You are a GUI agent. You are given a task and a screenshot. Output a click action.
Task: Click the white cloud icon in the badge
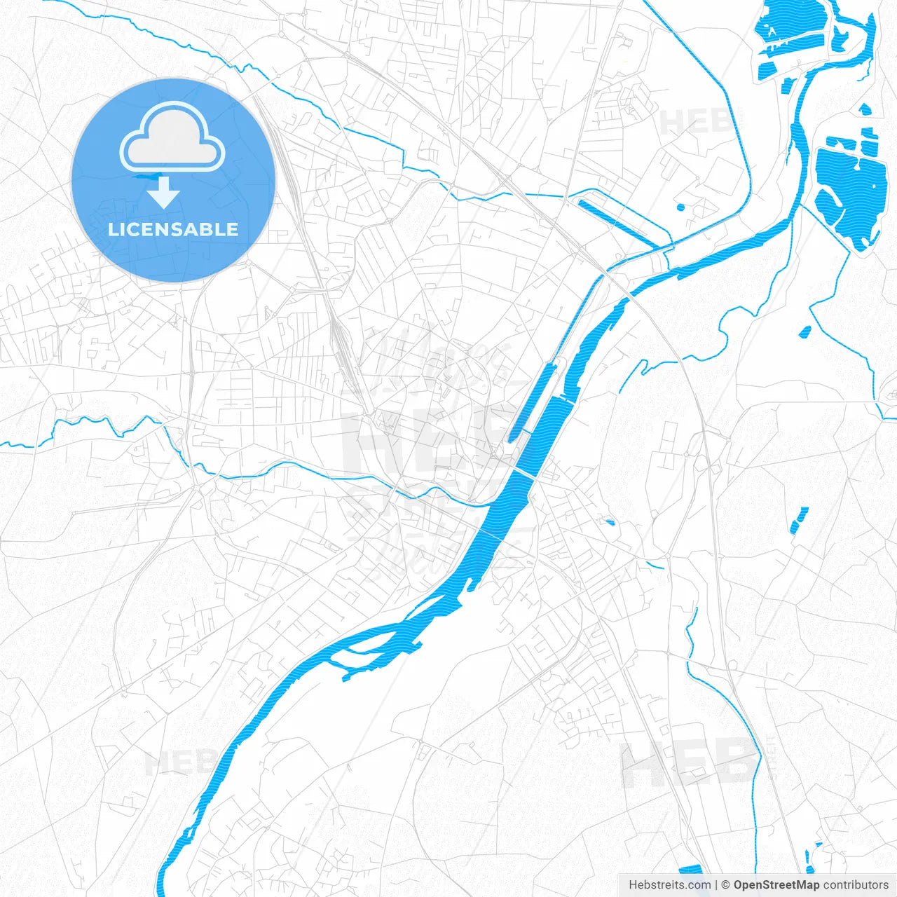[x=172, y=138]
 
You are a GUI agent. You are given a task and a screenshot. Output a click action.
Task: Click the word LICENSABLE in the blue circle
[x=173, y=229]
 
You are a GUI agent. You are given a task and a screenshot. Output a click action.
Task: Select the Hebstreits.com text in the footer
[x=669, y=885]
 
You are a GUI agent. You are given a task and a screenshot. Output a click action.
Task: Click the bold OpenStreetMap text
[x=776, y=885]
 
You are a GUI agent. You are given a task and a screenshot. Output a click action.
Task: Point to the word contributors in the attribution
[x=856, y=885]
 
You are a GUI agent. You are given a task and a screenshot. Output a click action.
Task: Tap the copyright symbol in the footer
[x=726, y=885]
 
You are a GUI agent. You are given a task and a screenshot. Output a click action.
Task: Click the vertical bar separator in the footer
[x=716, y=885]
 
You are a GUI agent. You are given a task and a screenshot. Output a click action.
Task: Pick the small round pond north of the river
[x=679, y=207]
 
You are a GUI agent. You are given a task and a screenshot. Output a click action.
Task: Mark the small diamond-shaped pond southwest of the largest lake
[x=805, y=331]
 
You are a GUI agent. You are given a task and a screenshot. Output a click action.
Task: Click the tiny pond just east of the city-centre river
[x=610, y=521]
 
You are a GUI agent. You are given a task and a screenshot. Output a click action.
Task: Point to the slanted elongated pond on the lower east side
[x=799, y=519]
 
